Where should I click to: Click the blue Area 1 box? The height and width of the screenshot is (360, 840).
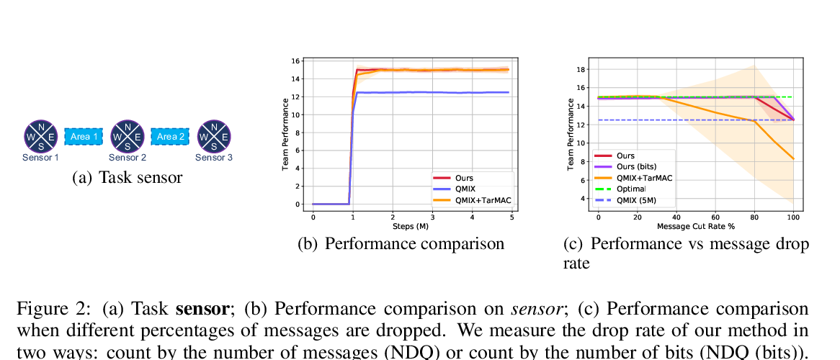click(84, 136)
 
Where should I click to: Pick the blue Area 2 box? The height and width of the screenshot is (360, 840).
click(171, 136)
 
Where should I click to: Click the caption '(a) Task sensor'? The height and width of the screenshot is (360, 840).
click(128, 177)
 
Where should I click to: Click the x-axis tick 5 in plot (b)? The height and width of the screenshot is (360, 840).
click(511, 216)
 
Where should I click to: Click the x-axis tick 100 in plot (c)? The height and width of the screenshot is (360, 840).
click(793, 216)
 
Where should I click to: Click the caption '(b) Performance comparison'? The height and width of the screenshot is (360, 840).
click(401, 243)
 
